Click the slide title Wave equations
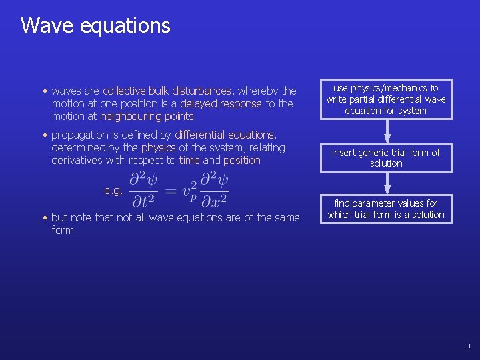pyautogui.click(x=95, y=25)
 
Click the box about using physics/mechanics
pyautogui.click(x=386, y=99)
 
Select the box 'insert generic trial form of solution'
pyautogui.click(x=386, y=158)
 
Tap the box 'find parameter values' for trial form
pyautogui.click(x=386, y=209)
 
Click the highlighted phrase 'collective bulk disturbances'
pyautogui.click(x=167, y=91)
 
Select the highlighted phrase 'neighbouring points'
pyautogui.click(x=147, y=116)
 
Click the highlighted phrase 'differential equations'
pyautogui.click(x=224, y=135)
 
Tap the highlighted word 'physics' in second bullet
pyautogui.click(x=158, y=147)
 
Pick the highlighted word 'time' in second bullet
pyautogui.click(x=189, y=160)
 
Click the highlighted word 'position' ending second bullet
pyautogui.click(x=241, y=160)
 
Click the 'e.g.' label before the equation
pyautogui.click(x=113, y=191)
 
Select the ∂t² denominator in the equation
pyautogui.click(x=144, y=201)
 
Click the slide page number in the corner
pyautogui.click(x=467, y=346)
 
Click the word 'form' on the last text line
pyautogui.click(x=62, y=231)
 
